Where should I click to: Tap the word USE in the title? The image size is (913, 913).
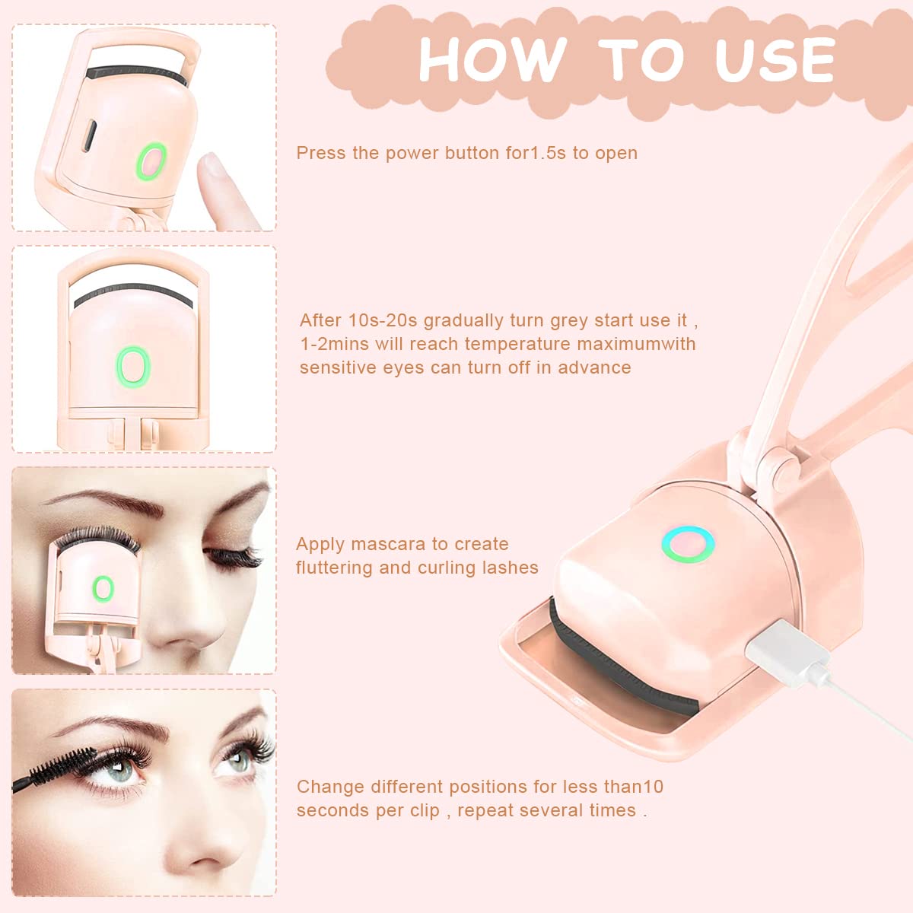(774, 59)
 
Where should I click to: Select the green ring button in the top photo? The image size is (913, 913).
(152, 161)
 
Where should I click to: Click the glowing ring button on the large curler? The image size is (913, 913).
(688, 544)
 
